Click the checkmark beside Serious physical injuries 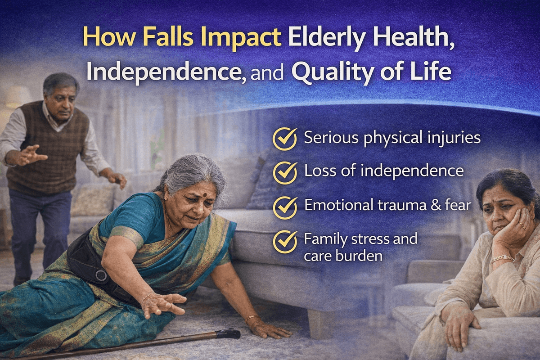pyautogui.click(x=285, y=139)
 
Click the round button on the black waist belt pyautogui.click(x=101, y=275)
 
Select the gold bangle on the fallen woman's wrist pyautogui.click(x=252, y=318)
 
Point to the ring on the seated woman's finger pyautogui.click(x=522, y=226)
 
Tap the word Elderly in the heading pyautogui.click(x=329, y=39)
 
